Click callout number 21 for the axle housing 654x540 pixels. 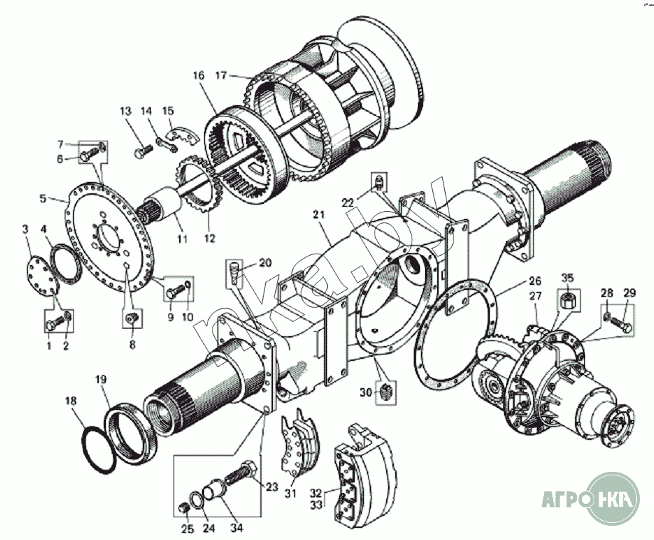click(318, 214)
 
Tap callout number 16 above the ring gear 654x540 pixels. click(198, 75)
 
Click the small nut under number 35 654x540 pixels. click(567, 301)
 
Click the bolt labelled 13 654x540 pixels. click(141, 151)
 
